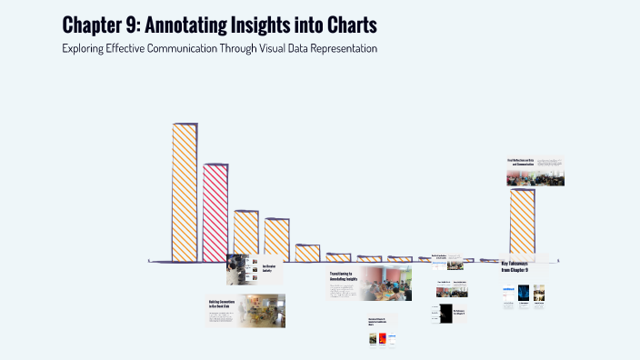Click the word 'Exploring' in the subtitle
87,47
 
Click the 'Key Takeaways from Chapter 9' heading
515,267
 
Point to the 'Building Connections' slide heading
221,305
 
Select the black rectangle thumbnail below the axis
445,313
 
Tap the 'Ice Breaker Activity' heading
269,269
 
